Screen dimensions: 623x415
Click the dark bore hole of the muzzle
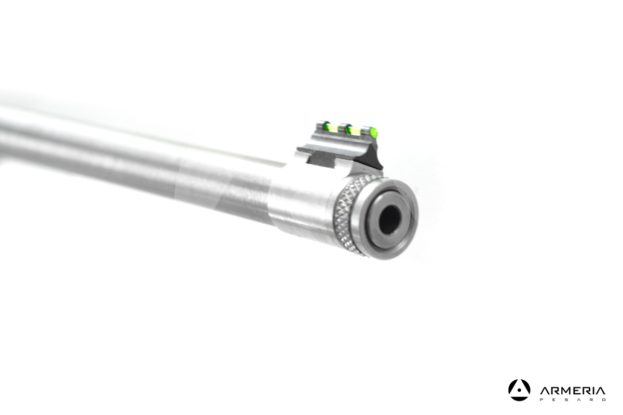[x=389, y=218]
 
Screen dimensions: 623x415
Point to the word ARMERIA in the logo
[x=572, y=391]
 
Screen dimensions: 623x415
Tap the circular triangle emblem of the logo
[x=519, y=390]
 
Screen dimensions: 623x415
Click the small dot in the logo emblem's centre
[x=519, y=391]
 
